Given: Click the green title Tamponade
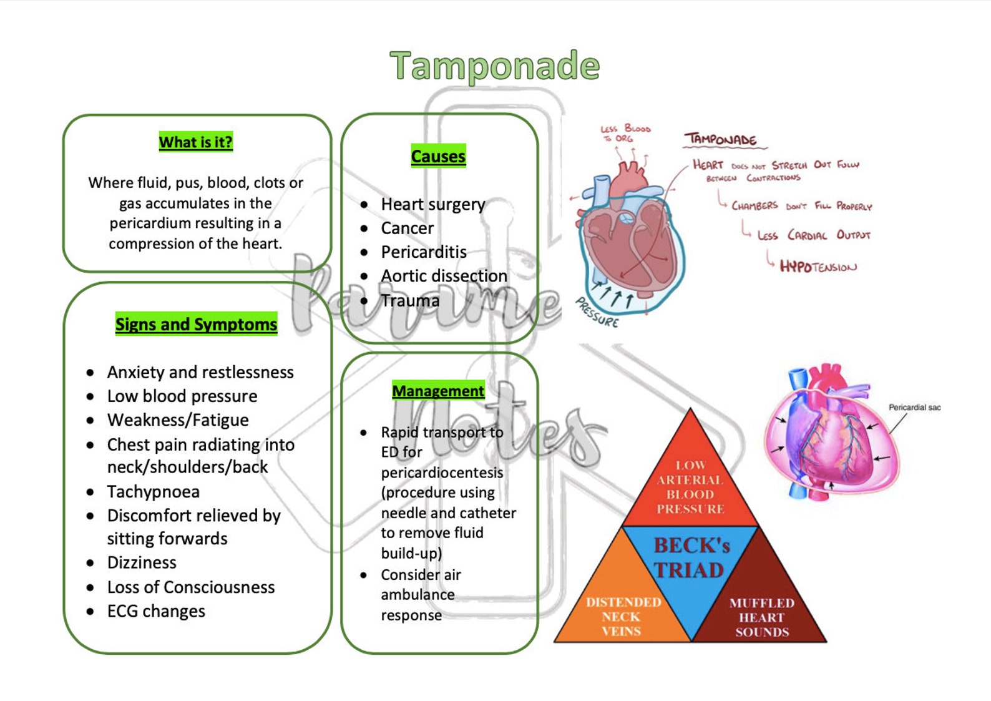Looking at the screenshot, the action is [495, 66].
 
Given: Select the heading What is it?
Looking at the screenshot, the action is [195, 142].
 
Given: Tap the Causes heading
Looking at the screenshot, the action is [438, 156].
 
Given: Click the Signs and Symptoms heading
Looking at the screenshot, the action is [197, 324].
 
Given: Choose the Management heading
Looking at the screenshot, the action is [438, 391].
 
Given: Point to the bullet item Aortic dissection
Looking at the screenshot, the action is [444, 276].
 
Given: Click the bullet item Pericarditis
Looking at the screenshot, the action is [424, 252].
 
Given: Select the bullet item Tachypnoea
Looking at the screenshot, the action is [154, 492].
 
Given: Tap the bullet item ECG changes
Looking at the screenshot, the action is [156, 611].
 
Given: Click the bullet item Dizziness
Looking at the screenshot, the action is [142, 562].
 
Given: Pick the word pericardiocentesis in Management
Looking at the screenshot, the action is [442, 473].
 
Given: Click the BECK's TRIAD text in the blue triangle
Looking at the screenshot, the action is [691, 557].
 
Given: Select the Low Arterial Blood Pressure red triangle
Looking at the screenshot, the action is [690, 483].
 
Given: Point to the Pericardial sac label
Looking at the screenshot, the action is [914, 407].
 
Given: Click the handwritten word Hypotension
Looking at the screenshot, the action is [818, 267].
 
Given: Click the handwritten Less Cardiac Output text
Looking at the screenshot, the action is [813, 235].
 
